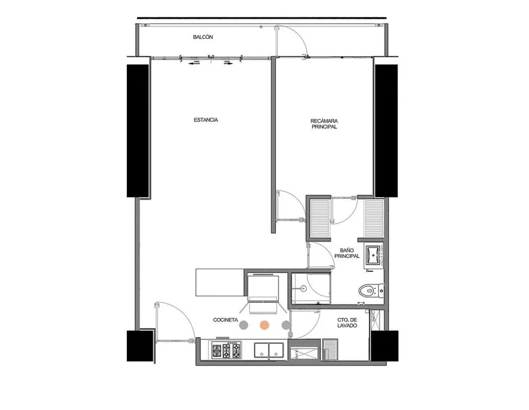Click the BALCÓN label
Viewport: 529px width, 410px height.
coord(203,37)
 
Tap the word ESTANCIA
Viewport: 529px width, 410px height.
coord(206,120)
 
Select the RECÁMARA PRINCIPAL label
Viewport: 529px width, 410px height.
coord(324,124)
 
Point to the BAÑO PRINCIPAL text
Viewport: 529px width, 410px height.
coord(346,253)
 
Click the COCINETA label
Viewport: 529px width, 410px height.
coord(225,320)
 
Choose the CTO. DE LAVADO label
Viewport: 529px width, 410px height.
coord(347,323)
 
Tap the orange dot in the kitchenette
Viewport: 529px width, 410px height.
coord(264,325)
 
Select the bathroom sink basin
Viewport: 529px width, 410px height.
coord(374,256)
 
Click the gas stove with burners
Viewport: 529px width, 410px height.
coord(226,350)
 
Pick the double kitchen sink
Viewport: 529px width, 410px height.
coord(269,350)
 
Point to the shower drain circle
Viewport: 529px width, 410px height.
coord(303,288)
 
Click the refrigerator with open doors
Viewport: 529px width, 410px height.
coord(263,291)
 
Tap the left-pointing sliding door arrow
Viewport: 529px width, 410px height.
coord(193,63)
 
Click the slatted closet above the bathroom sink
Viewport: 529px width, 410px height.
coord(374,218)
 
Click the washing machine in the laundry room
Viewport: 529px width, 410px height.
coord(330,349)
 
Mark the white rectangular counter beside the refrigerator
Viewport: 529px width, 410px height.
coord(220,282)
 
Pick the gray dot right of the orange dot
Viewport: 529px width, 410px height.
coord(286,325)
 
